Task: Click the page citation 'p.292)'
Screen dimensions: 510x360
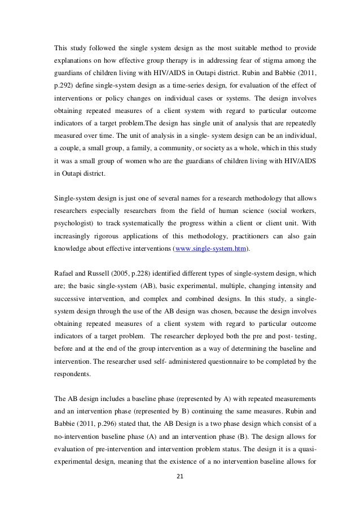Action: pyautogui.click(x=63, y=86)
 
